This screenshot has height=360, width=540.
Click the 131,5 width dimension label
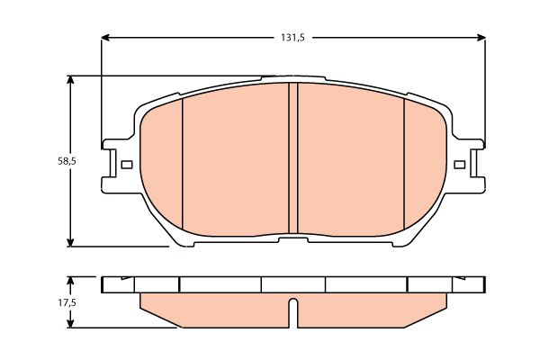point(292,38)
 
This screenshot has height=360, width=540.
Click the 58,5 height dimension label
point(67,161)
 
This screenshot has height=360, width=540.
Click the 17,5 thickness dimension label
point(67,302)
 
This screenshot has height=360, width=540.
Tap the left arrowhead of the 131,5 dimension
point(105,38)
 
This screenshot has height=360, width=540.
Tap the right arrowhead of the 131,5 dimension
point(481,38)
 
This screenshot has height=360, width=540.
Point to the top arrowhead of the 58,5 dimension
point(70,80)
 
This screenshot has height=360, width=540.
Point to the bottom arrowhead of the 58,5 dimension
point(70,242)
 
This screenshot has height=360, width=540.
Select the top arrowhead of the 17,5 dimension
point(70,281)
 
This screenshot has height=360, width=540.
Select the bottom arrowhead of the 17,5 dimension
point(70,323)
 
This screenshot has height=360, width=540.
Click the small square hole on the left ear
point(127,165)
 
